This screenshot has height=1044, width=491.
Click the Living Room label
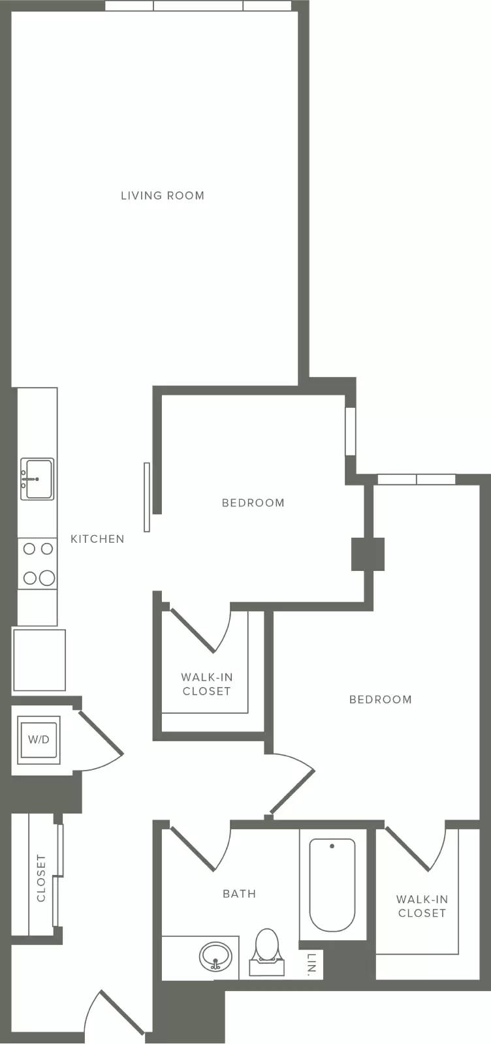[163, 195]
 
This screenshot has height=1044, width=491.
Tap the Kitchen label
[97, 539]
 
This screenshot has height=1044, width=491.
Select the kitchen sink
[37, 479]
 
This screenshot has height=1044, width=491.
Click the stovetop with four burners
[38, 564]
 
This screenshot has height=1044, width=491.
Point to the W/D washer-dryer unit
[39, 740]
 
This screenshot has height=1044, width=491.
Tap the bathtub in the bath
[332, 885]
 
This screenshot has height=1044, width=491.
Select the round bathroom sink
[215, 957]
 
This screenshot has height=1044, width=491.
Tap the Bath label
[239, 893]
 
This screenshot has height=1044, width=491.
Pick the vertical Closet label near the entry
[41, 878]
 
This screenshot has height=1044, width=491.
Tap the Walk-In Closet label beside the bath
[422, 906]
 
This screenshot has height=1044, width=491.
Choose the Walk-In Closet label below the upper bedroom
[206, 684]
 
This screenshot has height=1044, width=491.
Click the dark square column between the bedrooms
[368, 554]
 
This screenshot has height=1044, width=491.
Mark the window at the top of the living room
[198, 6]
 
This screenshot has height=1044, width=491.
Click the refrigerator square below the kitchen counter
[40, 660]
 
